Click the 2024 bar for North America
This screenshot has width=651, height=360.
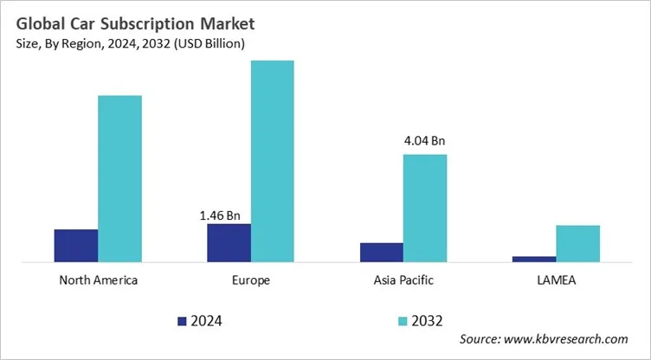75,245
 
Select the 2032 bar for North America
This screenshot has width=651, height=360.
119,178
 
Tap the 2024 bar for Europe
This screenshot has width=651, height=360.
229,242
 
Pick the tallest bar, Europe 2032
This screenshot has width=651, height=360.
273,161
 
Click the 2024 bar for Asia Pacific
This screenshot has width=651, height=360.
382,252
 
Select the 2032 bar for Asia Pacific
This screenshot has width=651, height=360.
425,208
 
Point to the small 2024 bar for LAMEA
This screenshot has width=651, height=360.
534,258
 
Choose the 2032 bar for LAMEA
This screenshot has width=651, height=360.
577,243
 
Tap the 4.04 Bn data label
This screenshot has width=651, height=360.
425,140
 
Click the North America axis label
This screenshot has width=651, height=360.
98,280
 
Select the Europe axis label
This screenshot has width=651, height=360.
251,280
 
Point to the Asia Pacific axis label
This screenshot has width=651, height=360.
403,280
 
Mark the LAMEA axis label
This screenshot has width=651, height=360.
557,280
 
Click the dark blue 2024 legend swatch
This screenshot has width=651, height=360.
182,321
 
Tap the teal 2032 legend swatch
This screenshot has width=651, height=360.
403,321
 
